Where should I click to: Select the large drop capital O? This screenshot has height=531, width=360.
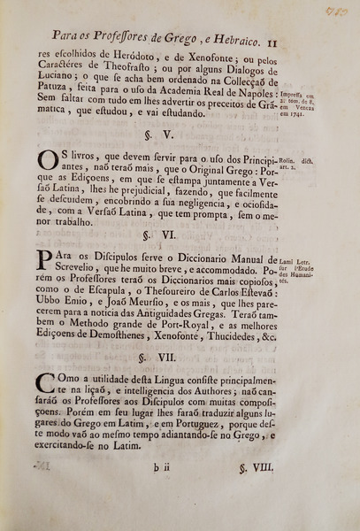(48, 164)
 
